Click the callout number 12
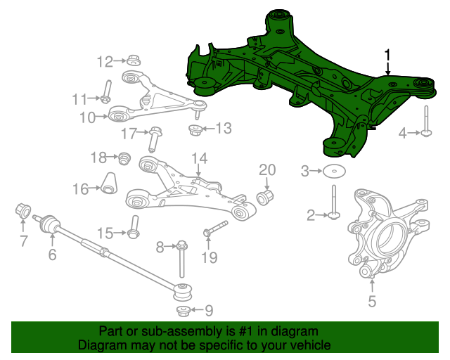pyautogui.click(x=105, y=62)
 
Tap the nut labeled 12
pyautogui.click(x=134, y=60)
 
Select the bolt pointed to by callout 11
pyautogui.click(x=106, y=91)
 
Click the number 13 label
pyautogui.click(x=224, y=128)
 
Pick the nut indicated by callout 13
pyautogui.click(x=195, y=130)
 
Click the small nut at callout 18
pyautogui.click(x=125, y=158)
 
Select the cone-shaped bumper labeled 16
pyautogui.click(x=110, y=183)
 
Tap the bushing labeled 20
pyautogui.click(x=265, y=197)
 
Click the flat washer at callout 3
pyautogui.click(x=334, y=172)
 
